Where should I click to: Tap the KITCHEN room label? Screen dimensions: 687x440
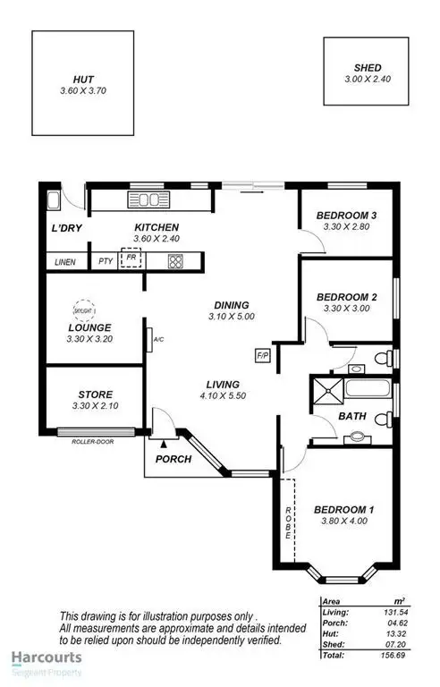157,227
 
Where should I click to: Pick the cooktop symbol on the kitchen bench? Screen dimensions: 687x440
175,262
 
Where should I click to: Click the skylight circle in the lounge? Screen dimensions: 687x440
82,308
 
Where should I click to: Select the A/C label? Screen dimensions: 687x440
158,340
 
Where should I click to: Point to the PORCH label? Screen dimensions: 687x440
173,460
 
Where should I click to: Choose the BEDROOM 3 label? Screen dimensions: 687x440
344,216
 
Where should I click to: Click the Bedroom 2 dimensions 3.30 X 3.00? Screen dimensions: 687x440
344,309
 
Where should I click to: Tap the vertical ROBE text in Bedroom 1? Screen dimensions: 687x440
288,522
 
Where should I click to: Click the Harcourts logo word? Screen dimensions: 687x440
46,657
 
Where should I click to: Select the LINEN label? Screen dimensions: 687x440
64,262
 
